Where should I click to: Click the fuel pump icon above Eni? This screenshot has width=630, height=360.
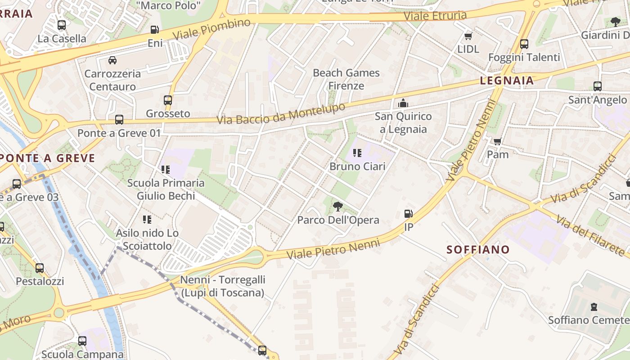tap(154, 30)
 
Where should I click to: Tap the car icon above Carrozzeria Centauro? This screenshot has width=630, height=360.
tap(112, 60)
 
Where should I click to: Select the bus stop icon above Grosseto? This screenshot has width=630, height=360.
tap(168, 100)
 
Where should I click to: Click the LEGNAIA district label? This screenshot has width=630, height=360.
tap(507, 81)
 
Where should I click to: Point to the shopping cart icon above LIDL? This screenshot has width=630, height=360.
tap(468, 36)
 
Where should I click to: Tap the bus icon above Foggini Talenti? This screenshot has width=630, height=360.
tap(524, 44)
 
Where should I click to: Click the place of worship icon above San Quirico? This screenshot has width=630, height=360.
tap(403, 103)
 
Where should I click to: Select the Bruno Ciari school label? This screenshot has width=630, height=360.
tap(357, 166)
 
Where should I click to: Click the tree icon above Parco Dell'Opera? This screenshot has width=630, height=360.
tap(337, 207)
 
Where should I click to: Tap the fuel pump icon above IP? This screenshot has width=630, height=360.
tap(408, 214)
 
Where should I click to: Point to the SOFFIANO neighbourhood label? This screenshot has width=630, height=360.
tap(478, 250)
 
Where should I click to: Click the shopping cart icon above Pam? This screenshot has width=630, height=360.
tap(497, 142)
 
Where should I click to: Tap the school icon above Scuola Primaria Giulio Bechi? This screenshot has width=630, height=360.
tap(165, 170)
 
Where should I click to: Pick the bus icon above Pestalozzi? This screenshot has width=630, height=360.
tap(40, 268)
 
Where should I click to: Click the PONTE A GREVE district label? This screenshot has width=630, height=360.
tap(48, 158)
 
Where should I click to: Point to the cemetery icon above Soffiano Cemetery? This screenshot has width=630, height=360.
tap(594, 307)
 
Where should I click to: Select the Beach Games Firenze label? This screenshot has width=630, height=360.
tap(346, 79)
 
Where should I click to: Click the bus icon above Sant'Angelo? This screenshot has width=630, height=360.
tap(597, 86)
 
